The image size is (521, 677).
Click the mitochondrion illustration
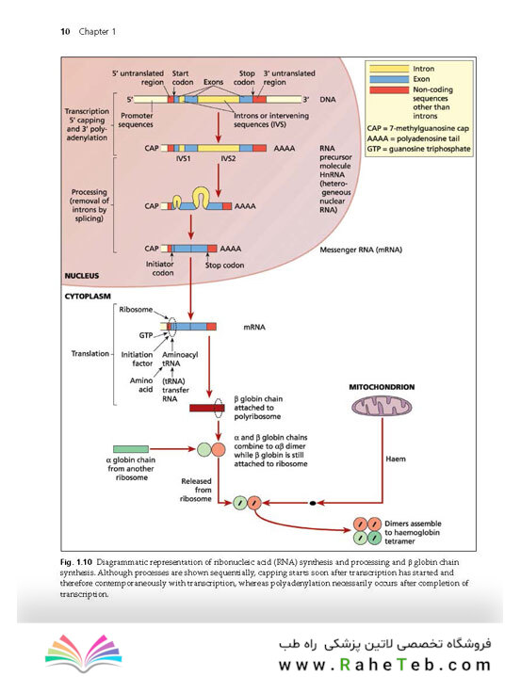[382, 406]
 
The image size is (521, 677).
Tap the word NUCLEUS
[82, 276]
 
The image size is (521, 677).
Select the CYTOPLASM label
[88, 297]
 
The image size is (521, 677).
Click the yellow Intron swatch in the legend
[389, 69]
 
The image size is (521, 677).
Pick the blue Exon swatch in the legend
[389, 79]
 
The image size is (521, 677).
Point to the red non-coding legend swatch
[389, 89]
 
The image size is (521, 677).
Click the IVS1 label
[183, 158]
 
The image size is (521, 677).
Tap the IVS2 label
[228, 158]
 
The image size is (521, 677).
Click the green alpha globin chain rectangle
[131, 449]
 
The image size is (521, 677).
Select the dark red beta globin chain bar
[207, 408]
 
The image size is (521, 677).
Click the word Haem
[396, 459]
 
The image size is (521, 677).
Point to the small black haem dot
[313, 503]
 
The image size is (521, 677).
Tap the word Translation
[90, 354]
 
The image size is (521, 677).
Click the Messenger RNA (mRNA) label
[361, 250]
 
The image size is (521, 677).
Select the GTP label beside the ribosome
[146, 335]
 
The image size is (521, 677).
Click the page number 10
[65, 31]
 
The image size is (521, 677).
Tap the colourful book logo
[83, 653]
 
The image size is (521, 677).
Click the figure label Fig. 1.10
[76, 562]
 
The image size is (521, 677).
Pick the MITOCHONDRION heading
[382, 387]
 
